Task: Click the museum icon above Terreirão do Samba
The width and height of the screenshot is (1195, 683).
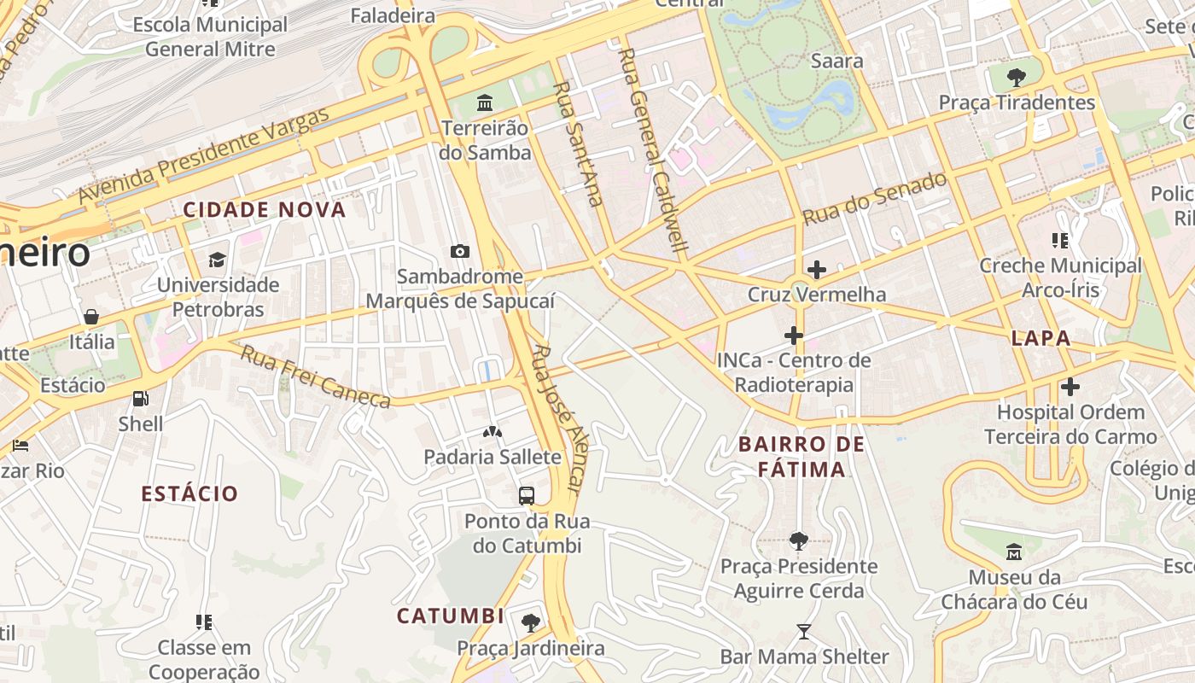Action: (x=485, y=103)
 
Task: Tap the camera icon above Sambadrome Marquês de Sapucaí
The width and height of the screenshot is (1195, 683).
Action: (x=460, y=251)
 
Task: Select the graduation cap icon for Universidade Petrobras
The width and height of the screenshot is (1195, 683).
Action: (x=218, y=259)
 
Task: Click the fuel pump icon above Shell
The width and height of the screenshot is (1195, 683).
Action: (x=140, y=398)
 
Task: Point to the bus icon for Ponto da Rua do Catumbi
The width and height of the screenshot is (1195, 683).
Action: (x=527, y=495)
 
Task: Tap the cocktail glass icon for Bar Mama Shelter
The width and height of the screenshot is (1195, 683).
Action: (x=804, y=632)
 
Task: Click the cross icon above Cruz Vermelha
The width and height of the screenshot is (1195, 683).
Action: (x=816, y=270)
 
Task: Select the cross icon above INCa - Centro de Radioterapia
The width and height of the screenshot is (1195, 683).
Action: (x=794, y=336)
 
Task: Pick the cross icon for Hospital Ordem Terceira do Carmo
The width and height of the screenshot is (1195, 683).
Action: (x=1070, y=387)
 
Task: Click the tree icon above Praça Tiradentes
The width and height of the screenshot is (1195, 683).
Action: (x=1016, y=78)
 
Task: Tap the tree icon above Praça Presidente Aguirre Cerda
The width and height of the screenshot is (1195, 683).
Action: (x=798, y=540)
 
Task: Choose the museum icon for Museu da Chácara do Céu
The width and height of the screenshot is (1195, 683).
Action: (x=1014, y=552)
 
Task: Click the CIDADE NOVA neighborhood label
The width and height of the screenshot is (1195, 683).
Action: (x=265, y=210)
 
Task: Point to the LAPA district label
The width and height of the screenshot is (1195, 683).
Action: (x=1041, y=338)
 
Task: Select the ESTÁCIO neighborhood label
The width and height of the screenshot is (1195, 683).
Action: (x=189, y=493)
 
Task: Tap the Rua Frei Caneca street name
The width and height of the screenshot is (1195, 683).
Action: (x=315, y=377)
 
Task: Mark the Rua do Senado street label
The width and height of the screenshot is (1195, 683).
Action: (x=875, y=198)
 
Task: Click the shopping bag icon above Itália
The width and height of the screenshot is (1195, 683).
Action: (x=91, y=317)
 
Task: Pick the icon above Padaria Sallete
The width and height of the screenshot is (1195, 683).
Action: (x=493, y=432)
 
